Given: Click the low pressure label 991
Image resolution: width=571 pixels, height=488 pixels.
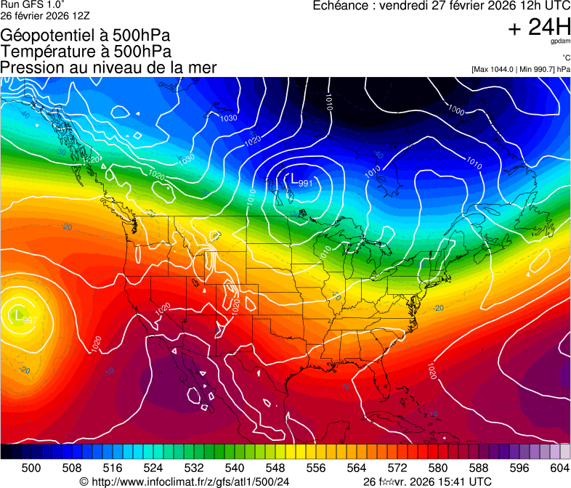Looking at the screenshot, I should click(x=306, y=183).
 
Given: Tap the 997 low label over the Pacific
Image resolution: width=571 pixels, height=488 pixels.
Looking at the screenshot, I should click(x=29, y=320).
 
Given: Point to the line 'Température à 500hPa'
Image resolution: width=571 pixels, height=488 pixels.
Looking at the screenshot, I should click(x=86, y=52).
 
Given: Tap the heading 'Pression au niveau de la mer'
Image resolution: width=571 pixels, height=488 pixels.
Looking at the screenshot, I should click(x=108, y=68).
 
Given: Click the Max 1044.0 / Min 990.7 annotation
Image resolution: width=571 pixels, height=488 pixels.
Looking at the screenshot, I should click(x=520, y=69).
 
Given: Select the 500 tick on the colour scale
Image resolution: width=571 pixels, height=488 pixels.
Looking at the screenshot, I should click(x=31, y=468).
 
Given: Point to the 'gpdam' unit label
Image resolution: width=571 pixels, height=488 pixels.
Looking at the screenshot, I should click(x=562, y=42).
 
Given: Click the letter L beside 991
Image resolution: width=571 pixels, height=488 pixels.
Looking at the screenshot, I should click(x=294, y=179).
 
